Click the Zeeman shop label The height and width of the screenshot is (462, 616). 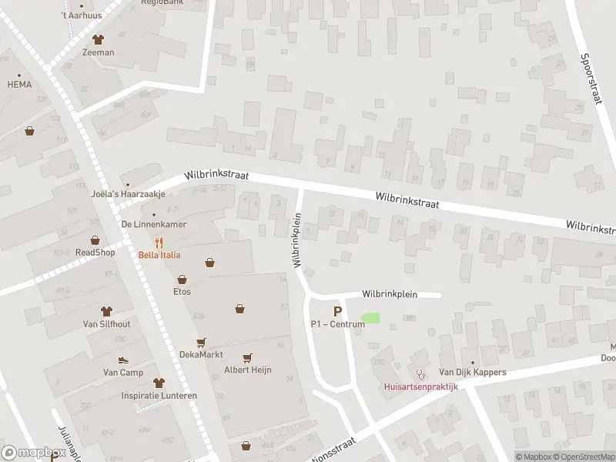(x=98, y=52)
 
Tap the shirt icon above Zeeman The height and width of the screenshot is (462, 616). (x=98, y=39)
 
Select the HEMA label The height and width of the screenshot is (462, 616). (x=19, y=85)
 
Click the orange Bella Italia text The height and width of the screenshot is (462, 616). (x=159, y=255)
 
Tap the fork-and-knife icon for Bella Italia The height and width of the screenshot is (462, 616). (x=159, y=242)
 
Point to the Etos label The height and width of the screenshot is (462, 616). (x=182, y=292)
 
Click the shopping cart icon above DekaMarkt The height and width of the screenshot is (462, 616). (x=201, y=342)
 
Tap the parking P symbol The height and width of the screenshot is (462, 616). (x=336, y=311)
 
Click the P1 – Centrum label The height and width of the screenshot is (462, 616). (x=336, y=324)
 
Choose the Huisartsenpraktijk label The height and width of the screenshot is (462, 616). (x=421, y=387)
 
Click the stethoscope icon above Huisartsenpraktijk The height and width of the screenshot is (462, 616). (x=420, y=373)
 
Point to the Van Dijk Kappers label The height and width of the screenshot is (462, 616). (x=473, y=373)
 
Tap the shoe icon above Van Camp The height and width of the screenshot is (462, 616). (x=122, y=360)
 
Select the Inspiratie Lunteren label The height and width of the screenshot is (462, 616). (x=159, y=396)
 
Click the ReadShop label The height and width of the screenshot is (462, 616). (x=95, y=253)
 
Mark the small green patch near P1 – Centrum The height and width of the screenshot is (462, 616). (x=370, y=317)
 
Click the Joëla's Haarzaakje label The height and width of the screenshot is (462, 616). (x=123, y=194)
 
